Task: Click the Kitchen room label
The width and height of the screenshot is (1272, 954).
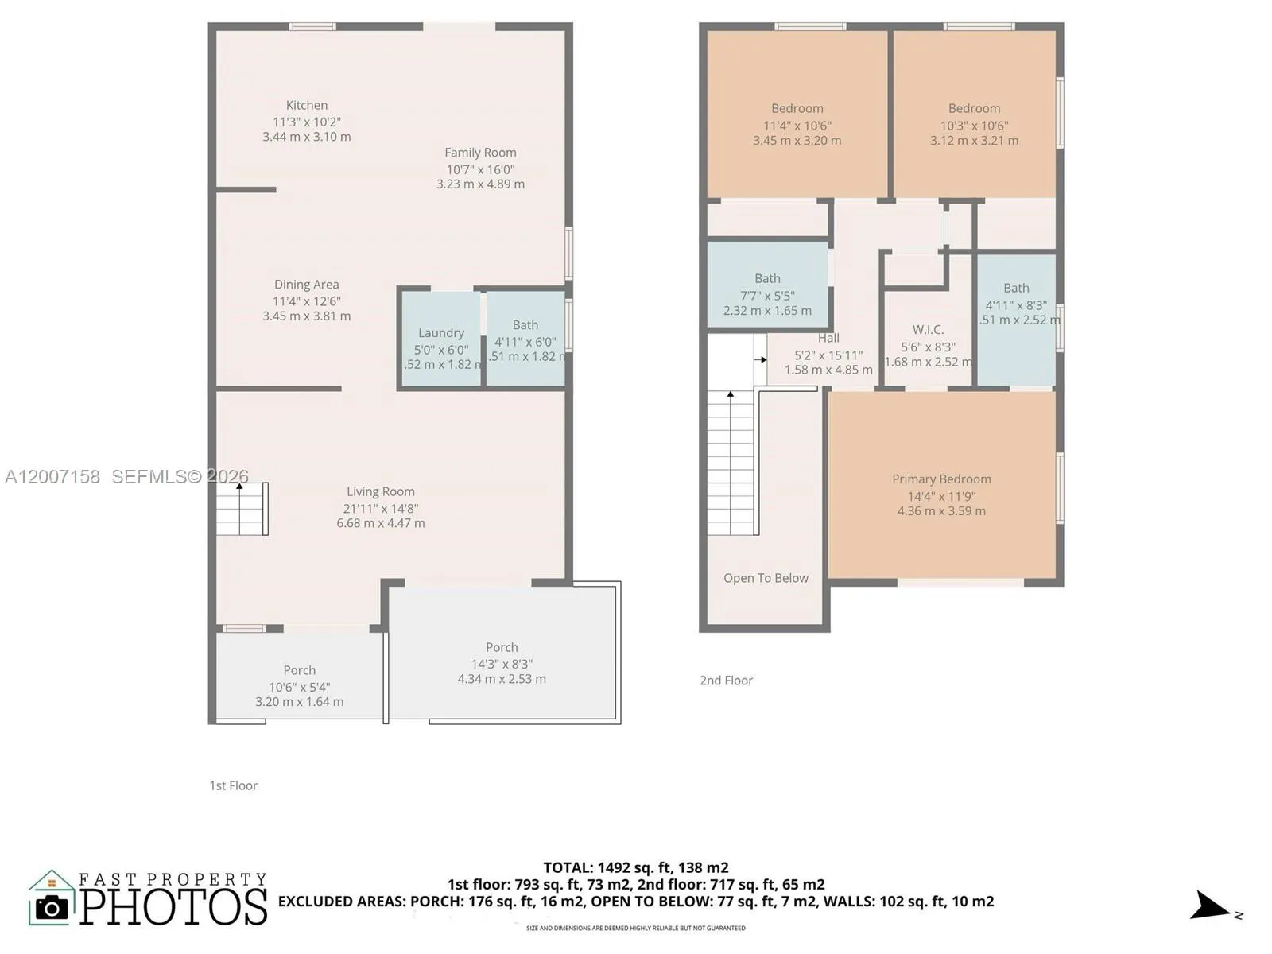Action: click(306, 105)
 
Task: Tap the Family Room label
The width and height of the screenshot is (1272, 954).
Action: click(480, 153)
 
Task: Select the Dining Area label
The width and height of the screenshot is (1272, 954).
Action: click(306, 285)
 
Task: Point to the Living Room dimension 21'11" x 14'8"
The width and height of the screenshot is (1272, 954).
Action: click(380, 508)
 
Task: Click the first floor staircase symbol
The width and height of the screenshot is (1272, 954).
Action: click(242, 509)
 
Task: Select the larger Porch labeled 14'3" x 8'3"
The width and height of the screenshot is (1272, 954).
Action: click(501, 662)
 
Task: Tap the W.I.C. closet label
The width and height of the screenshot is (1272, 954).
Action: click(928, 330)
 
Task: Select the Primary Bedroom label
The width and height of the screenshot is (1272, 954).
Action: click(941, 479)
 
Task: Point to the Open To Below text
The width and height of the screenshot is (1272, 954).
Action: click(766, 578)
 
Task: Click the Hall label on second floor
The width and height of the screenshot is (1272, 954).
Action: click(828, 338)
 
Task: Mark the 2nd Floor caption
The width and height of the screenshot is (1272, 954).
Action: click(726, 681)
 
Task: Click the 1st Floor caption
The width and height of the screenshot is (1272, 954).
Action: click(233, 785)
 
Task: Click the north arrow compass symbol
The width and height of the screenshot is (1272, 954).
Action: click(1210, 906)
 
